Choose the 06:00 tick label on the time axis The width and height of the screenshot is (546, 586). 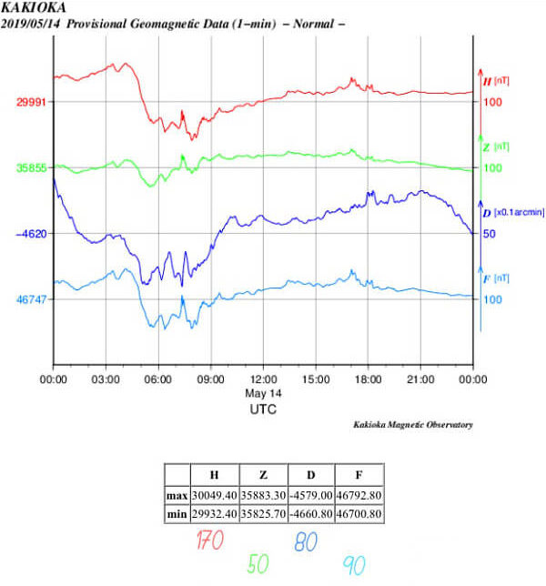[x=158, y=378]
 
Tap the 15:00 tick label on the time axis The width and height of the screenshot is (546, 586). [x=316, y=378]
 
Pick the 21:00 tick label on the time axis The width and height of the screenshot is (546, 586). [x=420, y=378]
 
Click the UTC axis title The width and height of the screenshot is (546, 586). [x=263, y=409]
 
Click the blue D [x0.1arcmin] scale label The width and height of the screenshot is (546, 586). [x=513, y=213]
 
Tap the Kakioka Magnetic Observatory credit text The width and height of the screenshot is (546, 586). [x=413, y=425]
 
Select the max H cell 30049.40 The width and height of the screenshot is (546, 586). [x=214, y=496]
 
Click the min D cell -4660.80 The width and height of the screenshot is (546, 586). [x=310, y=515]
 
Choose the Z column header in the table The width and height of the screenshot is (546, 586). [x=262, y=476]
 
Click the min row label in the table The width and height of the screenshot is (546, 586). [x=177, y=515]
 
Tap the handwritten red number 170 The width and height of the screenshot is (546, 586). [x=209, y=541]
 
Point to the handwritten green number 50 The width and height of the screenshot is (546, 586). [x=259, y=564]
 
